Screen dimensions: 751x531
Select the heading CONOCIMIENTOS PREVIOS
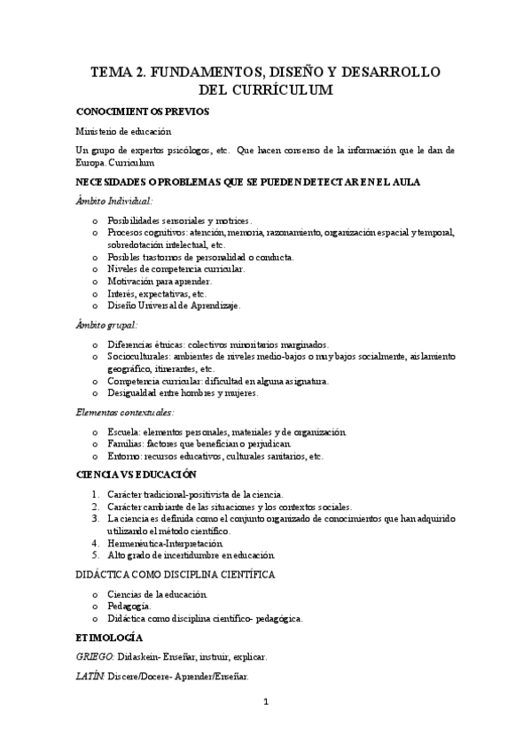(142, 112)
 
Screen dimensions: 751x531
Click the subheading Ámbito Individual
(114, 200)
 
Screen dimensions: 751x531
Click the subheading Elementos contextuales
(123, 412)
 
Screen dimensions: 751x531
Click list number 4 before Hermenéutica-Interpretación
(95, 542)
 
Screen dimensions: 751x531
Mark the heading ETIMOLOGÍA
(109, 637)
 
